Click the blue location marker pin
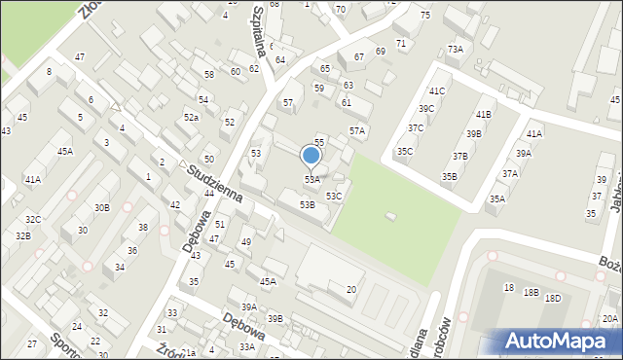[311, 155]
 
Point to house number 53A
[311, 180]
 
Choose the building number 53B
[307, 205]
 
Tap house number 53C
[334, 197]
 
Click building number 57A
[357, 130]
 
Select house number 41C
[435, 90]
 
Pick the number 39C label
[426, 109]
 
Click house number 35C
[405, 152]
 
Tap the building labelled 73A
[455, 49]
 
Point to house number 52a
[192, 118]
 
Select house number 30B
[102, 208]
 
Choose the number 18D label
[553, 299]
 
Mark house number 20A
[609, 319]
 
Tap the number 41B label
[484, 115]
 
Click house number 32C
[33, 220]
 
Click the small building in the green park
[391, 216]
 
